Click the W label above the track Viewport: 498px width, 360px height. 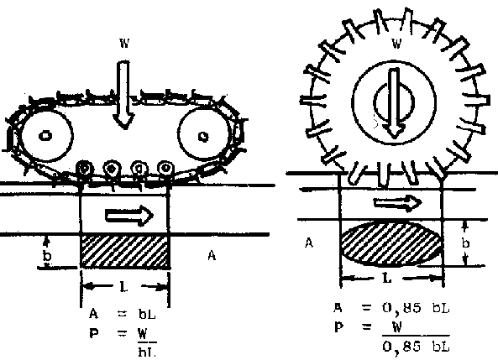124,43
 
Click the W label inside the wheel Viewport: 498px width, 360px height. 396,43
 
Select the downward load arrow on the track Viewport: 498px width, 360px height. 123,95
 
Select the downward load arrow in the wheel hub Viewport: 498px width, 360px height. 394,103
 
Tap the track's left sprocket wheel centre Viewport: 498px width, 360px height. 45,136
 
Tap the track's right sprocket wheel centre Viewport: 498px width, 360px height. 203,137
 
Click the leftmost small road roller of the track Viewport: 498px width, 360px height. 84,169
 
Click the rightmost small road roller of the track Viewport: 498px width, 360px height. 165,168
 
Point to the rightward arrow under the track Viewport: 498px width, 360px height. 129,216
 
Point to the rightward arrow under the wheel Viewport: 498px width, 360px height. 397,202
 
